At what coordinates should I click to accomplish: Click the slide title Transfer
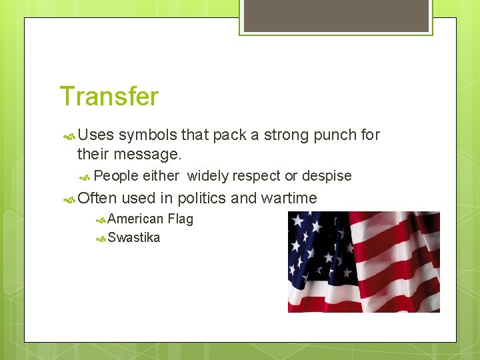[109, 97]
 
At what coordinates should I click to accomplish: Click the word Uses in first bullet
[96, 135]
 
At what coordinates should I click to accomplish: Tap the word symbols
[148, 135]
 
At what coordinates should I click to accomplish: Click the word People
[116, 176]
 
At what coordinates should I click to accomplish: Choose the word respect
[256, 176]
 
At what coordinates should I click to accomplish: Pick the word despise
[327, 176]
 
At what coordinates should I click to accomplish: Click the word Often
[97, 198]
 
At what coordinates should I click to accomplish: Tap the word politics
[202, 198]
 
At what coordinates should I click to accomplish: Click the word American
[135, 219]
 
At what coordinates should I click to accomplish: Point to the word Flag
[181, 219]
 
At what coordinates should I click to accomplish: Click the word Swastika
[134, 237]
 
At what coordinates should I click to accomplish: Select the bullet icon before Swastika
[101, 238]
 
